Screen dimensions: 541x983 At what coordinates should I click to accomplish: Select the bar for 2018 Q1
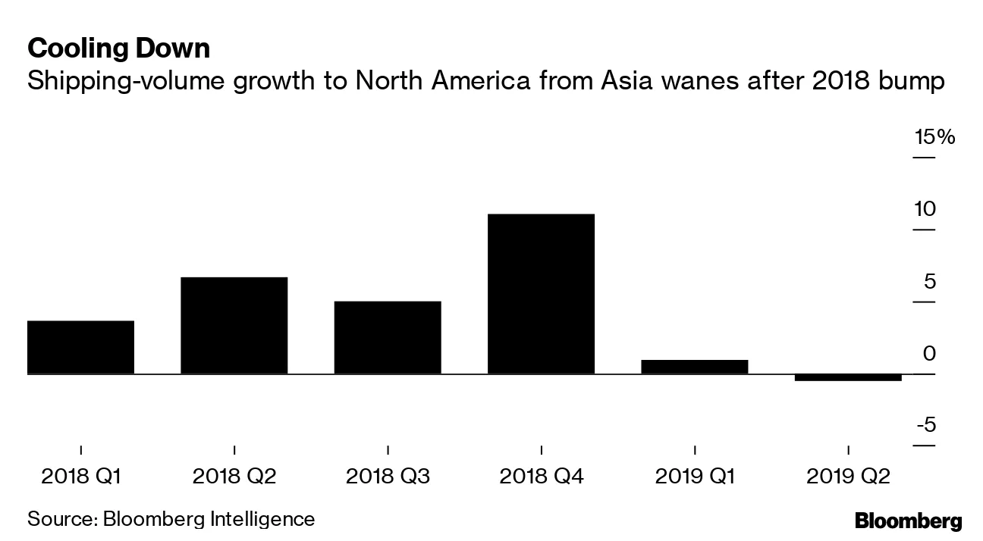pyautogui.click(x=80, y=347)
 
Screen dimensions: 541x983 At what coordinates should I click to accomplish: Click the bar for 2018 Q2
pyautogui.click(x=234, y=326)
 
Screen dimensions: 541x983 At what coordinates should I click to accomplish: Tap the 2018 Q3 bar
pyautogui.click(x=387, y=337)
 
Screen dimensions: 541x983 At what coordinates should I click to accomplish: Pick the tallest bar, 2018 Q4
pyautogui.click(x=541, y=294)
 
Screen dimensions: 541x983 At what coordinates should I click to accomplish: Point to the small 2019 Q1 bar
pyautogui.click(x=694, y=367)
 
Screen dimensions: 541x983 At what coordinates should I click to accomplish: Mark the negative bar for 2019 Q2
pyautogui.click(x=847, y=377)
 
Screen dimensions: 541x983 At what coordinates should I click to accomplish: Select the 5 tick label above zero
pyautogui.click(x=928, y=282)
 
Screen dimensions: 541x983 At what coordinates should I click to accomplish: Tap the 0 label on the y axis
pyautogui.click(x=928, y=354)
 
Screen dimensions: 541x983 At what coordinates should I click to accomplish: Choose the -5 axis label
pyautogui.click(x=925, y=426)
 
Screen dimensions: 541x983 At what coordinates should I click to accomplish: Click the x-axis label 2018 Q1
pyautogui.click(x=81, y=477)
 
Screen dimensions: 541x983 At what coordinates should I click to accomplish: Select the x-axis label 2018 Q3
pyautogui.click(x=388, y=477)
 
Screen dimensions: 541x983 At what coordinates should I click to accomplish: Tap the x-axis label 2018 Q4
pyautogui.click(x=541, y=477)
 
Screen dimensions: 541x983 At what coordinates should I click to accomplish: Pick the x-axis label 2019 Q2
pyautogui.click(x=847, y=477)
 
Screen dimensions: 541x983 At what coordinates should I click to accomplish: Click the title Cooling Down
pyautogui.click(x=118, y=49)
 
